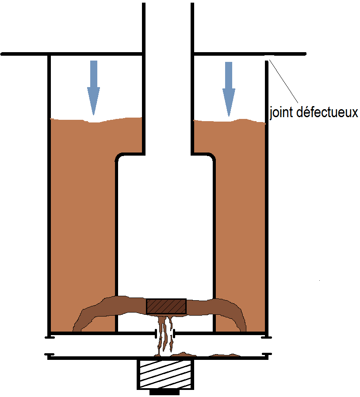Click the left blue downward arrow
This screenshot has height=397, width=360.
click(x=93, y=88)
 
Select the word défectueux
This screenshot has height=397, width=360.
click(x=327, y=112)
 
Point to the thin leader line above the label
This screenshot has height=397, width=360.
click(x=283, y=81)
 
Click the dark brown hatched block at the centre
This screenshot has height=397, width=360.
click(x=166, y=306)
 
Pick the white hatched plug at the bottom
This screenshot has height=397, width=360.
click(x=165, y=374)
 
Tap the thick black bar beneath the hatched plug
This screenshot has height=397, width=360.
click(x=165, y=392)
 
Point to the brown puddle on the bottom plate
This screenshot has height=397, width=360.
click(x=198, y=354)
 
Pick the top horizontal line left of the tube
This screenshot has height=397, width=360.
click(x=72, y=54)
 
